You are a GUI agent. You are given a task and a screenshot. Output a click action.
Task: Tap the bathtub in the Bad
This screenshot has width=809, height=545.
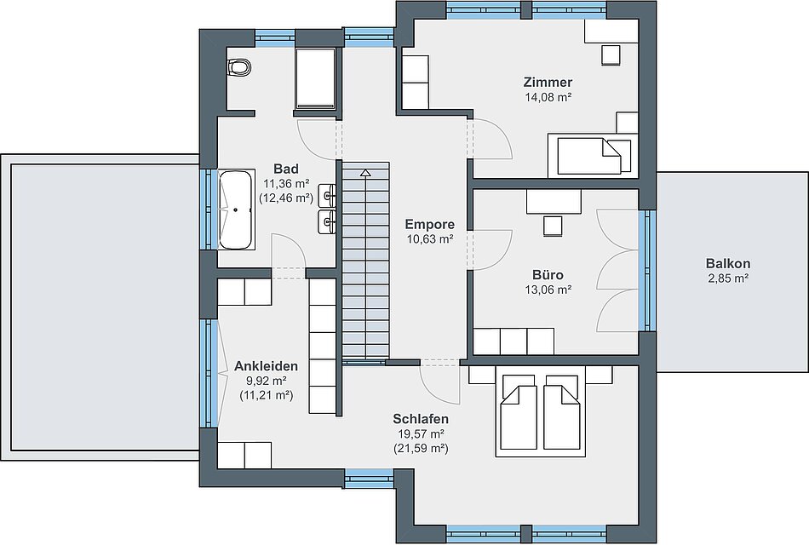[236, 210]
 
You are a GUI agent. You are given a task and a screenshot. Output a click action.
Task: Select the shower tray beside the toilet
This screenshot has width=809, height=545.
[316, 78]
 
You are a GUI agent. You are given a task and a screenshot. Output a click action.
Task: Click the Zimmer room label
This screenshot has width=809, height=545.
[548, 82]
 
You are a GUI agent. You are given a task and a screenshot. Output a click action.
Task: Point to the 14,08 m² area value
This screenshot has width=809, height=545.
[548, 97]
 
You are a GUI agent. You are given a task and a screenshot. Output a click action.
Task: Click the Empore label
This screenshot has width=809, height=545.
[430, 225]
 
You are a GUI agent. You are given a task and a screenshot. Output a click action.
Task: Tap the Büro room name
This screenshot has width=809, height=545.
[548, 275]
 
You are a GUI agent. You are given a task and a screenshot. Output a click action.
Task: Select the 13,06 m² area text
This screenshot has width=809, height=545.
[548, 290]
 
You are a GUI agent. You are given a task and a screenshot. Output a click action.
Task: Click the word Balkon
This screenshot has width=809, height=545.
[728, 264]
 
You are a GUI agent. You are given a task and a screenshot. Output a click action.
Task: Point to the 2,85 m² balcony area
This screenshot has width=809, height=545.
[728, 278]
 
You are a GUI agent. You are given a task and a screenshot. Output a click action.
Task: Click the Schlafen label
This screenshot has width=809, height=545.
[421, 419]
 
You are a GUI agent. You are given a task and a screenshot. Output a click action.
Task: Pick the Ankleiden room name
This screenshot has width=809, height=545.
[267, 366]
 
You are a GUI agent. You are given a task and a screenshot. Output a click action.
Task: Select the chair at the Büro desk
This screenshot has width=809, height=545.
[553, 226]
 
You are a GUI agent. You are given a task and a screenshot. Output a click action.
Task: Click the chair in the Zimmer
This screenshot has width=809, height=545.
[611, 55]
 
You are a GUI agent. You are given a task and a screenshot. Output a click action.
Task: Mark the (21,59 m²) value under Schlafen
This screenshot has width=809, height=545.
[421, 449]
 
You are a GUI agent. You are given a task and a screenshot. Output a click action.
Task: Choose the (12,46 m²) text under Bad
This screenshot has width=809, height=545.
[286, 198]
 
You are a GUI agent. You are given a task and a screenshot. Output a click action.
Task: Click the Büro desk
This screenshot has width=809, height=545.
[554, 201]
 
